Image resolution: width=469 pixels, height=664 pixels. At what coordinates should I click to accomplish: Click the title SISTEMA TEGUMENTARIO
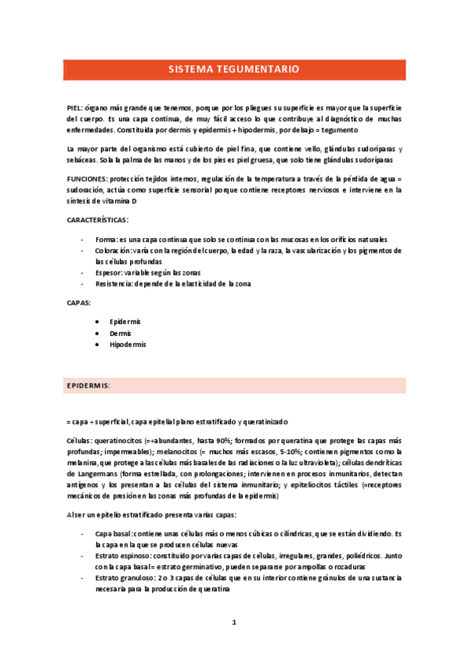[233, 69]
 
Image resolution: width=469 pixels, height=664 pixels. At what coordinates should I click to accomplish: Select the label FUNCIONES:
[87, 179]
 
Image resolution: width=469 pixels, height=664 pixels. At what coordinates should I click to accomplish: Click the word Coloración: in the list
[113, 251]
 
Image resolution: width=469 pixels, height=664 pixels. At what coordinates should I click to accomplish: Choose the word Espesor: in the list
[110, 272]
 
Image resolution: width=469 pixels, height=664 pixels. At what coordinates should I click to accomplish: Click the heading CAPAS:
[80, 302]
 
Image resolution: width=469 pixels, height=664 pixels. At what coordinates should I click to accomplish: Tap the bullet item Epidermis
[125, 322]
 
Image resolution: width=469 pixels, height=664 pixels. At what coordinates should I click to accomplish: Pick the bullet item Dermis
[121, 333]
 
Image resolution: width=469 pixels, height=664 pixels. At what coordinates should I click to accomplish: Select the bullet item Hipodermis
[128, 345]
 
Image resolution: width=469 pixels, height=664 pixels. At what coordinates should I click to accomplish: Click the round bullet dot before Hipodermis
[96, 345]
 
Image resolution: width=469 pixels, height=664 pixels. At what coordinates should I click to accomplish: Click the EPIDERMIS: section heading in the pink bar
[88, 386]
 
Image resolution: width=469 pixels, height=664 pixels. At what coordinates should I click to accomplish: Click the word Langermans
[96, 475]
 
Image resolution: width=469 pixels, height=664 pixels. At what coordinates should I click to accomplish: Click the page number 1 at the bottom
[233, 623]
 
